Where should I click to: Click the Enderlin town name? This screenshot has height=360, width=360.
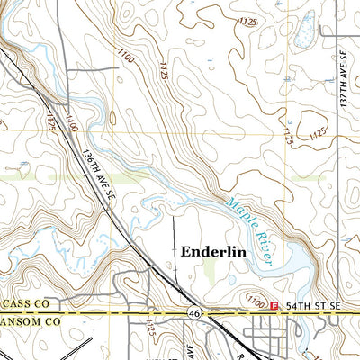point(214,253)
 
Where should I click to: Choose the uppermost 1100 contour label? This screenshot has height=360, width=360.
point(126,56)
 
